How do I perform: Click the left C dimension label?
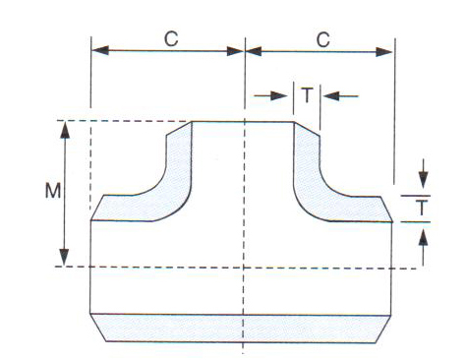point(170,37)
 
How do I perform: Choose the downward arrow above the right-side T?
point(423,185)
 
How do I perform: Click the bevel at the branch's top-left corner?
point(178,128)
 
